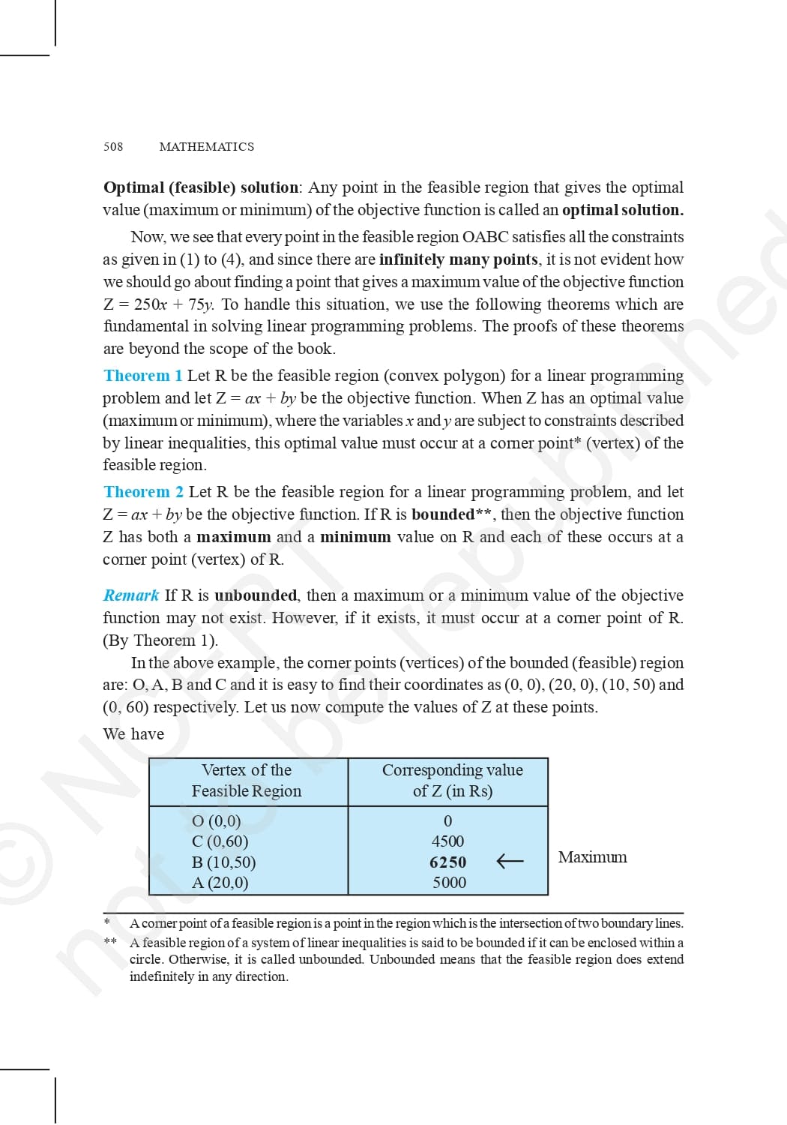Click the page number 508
pos(113,147)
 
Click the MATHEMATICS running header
pos(206,147)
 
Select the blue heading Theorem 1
pos(143,376)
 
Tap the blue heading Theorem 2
pos(143,492)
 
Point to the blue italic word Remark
pos(131,595)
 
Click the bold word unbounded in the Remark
pos(256,595)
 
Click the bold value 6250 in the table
pos(447,862)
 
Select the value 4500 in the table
pos(447,841)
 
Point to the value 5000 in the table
pos(449,883)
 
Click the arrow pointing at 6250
pos(510,861)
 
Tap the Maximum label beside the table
pos(592,857)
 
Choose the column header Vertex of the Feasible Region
pos(247,781)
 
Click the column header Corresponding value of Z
pos(452,781)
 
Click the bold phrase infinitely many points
pos(459,259)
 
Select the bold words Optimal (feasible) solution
pos(200,187)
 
